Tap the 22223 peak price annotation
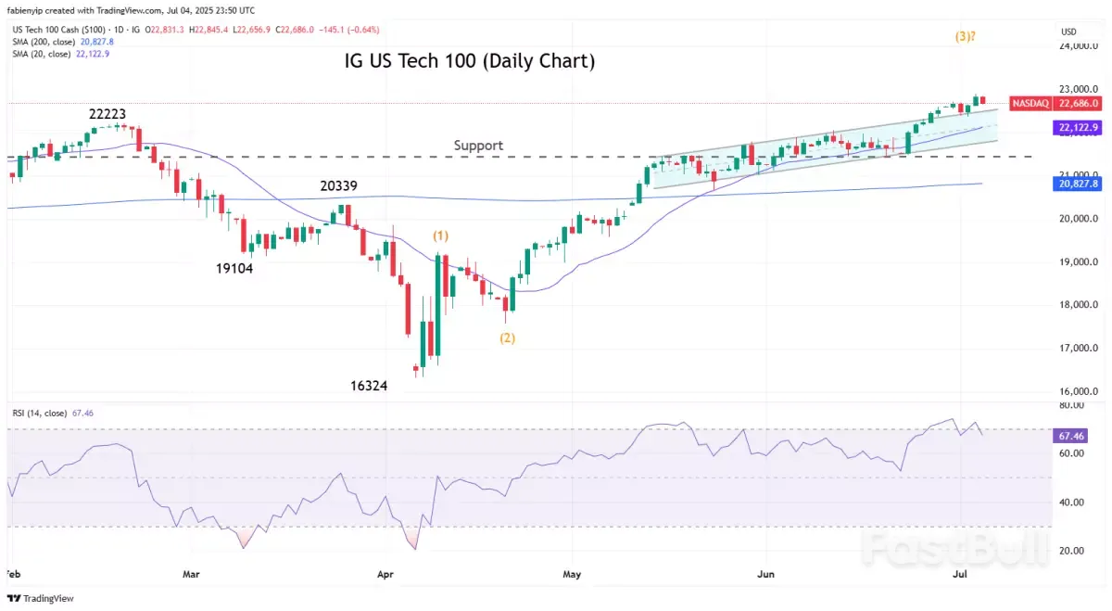pyautogui.click(x=107, y=114)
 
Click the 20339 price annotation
pyautogui.click(x=339, y=186)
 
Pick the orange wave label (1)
pyautogui.click(x=441, y=236)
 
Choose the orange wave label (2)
pyautogui.click(x=507, y=338)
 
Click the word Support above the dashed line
pyautogui.click(x=478, y=146)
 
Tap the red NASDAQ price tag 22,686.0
pyautogui.click(x=1055, y=103)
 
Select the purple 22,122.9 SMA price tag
pyautogui.click(x=1076, y=128)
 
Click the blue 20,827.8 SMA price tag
pyautogui.click(x=1076, y=185)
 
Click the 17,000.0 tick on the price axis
pyautogui.click(x=1080, y=349)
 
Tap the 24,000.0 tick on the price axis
pyautogui.click(x=1080, y=45)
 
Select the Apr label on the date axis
pyautogui.click(x=385, y=575)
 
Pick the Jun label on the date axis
pyautogui.click(x=766, y=575)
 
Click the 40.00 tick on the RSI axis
pyautogui.click(x=1072, y=503)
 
